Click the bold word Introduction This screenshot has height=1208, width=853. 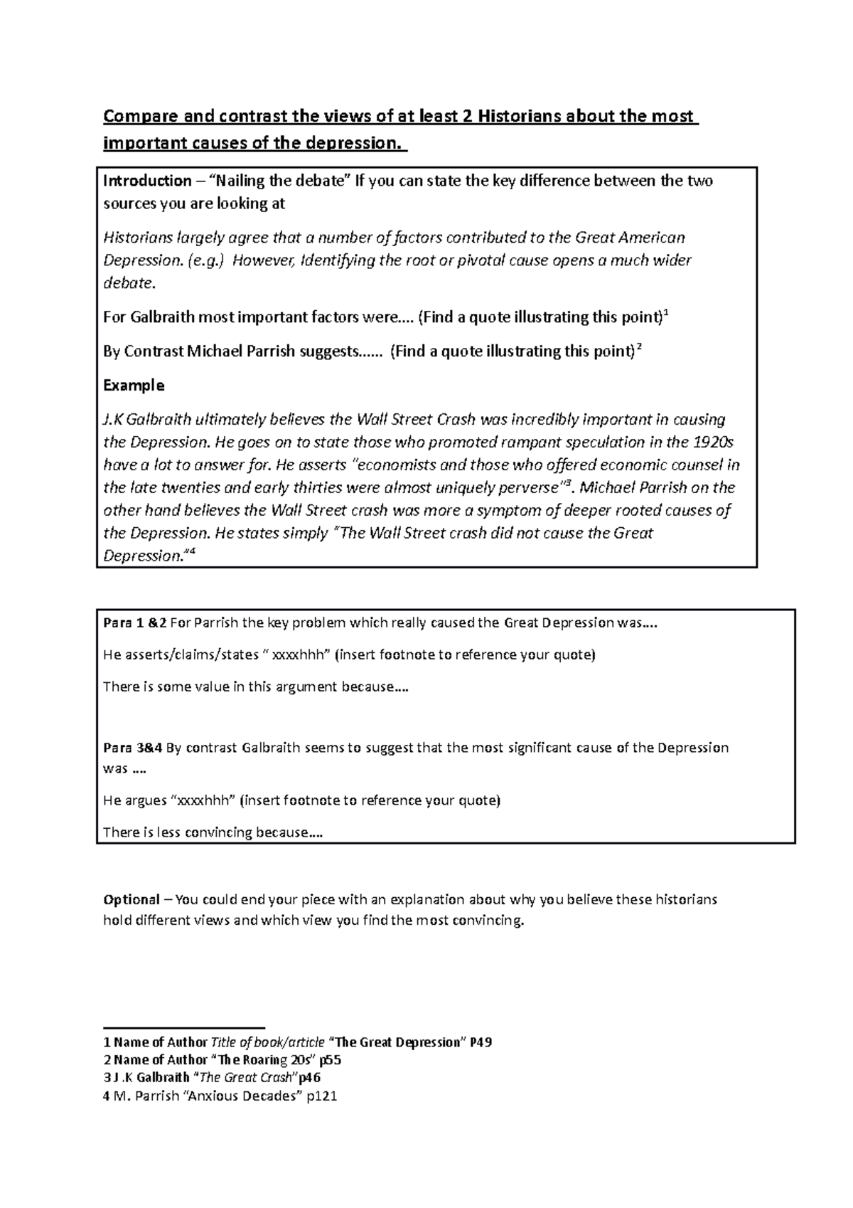coord(147,181)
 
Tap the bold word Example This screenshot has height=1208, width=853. coord(134,386)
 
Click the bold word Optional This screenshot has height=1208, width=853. coord(131,899)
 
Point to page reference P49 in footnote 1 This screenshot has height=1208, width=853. coord(481,1042)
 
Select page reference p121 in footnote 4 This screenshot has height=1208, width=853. coord(321,1096)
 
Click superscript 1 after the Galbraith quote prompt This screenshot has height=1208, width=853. coord(665,313)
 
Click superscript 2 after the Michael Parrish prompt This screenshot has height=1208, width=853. coord(639,347)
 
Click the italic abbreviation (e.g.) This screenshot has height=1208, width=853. coord(206,260)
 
